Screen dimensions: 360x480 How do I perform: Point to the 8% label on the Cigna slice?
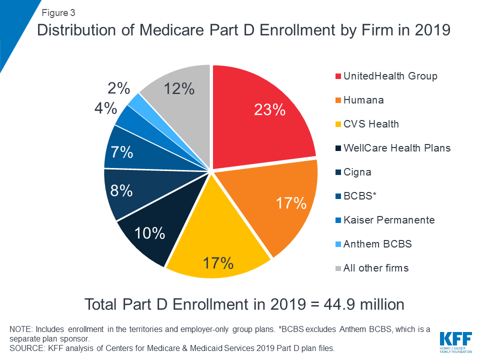click(122, 190)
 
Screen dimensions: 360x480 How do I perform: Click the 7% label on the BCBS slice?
click(122, 152)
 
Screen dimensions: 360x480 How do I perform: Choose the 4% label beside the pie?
click(105, 108)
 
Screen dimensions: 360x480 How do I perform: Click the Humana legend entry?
click(363, 100)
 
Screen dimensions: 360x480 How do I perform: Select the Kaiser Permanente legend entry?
click(389, 220)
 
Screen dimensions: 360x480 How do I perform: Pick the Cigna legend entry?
click(357, 172)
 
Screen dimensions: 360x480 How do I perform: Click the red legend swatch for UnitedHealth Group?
click(338, 76)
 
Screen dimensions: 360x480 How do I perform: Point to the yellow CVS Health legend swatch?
click(338, 124)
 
